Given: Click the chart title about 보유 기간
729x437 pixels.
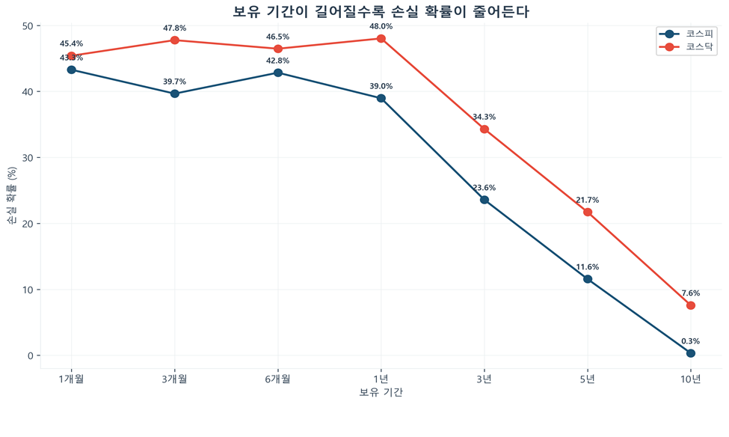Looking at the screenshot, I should [x=365, y=11].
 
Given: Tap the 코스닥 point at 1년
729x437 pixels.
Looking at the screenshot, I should [x=381, y=38].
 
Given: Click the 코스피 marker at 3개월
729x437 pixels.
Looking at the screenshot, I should [x=175, y=94].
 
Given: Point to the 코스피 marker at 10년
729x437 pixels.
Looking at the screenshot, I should [x=691, y=353].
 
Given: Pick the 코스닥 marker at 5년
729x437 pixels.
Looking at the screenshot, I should [x=588, y=212].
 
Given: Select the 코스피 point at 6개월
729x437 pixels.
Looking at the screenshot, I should [x=278, y=73].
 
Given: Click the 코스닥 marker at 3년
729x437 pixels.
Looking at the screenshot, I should [x=485, y=129].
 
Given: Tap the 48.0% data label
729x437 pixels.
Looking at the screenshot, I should [x=381, y=26].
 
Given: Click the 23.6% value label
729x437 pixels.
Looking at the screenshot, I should [x=485, y=188].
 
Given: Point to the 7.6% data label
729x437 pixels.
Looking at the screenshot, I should [x=691, y=293].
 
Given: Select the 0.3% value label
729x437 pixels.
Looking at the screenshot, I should [x=691, y=341].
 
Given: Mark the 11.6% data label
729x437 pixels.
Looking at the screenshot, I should [x=588, y=267].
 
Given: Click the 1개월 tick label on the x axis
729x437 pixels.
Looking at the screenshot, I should [x=71, y=379].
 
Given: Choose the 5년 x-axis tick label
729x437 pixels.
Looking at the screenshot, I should [x=588, y=379].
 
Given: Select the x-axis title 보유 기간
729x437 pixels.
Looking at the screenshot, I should [x=381, y=392].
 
